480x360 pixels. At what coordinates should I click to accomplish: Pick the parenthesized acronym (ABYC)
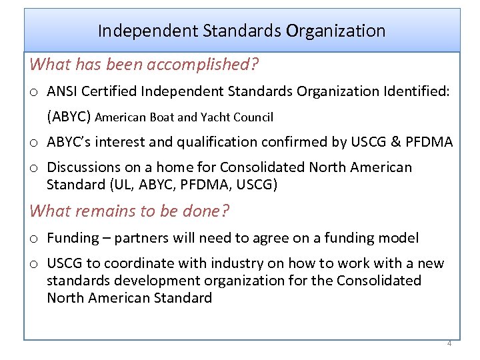point(69,117)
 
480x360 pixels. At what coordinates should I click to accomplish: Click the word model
point(399,238)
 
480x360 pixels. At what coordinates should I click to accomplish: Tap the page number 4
point(449,343)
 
